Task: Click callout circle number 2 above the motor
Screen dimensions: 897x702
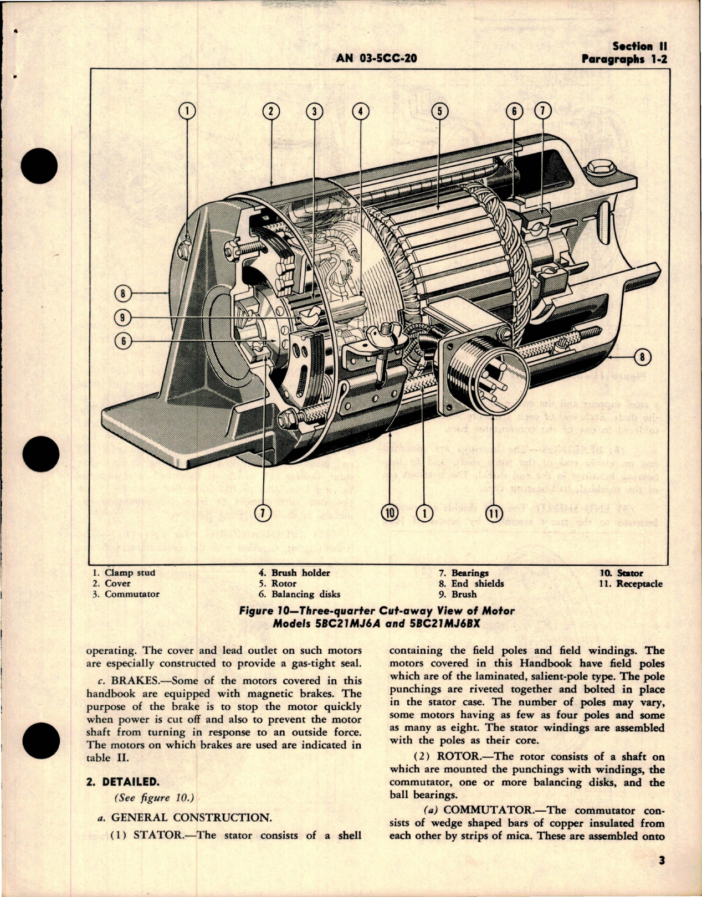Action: tap(271, 111)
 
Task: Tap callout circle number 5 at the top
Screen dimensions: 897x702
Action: tap(439, 111)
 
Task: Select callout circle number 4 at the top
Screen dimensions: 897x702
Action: tap(360, 111)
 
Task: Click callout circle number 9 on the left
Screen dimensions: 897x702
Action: tap(122, 317)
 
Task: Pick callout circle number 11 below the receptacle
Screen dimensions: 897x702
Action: tap(493, 514)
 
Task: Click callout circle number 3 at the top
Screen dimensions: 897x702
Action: tap(314, 111)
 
